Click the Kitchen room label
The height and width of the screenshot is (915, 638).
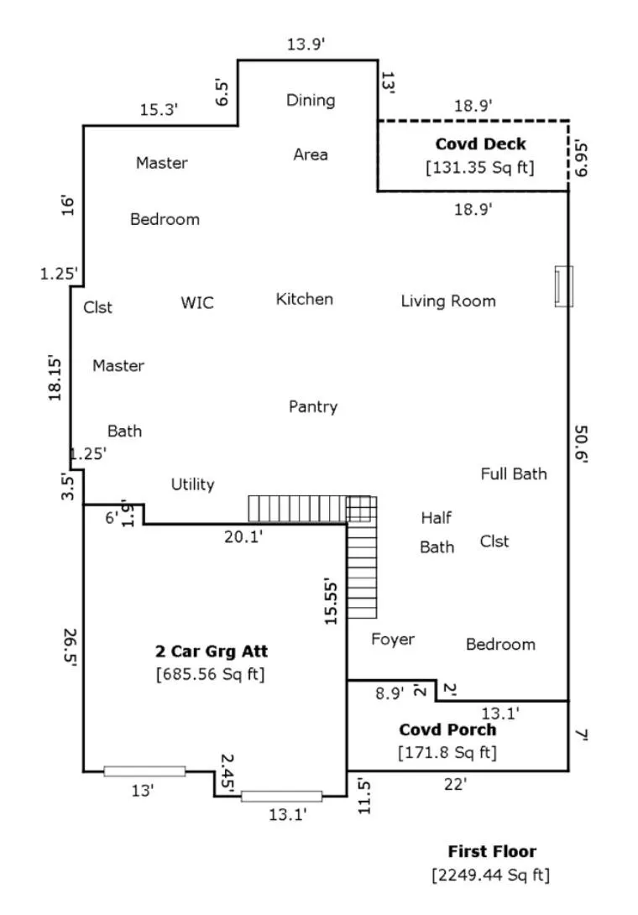point(304,300)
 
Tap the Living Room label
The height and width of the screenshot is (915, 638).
point(448,301)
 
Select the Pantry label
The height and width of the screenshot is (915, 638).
point(313,407)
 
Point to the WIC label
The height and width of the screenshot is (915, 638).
point(197,303)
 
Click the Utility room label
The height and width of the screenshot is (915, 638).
point(192,484)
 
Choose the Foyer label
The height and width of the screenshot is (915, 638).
point(393,640)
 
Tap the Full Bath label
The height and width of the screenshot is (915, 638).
point(514,473)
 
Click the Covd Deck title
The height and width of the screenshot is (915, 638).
point(480,144)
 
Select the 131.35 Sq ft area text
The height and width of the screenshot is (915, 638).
point(480,168)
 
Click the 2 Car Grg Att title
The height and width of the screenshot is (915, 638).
point(212,651)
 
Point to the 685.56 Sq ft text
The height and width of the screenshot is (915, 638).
point(210,675)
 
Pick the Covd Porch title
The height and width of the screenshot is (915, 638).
point(447,730)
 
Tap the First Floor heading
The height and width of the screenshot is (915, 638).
point(492,852)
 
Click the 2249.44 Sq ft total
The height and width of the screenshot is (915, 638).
point(491,876)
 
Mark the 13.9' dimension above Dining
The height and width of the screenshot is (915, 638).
point(306,44)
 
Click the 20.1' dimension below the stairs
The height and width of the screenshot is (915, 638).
point(243,537)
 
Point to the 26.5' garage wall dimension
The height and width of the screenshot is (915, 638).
point(70,647)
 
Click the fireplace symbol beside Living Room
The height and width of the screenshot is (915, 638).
point(563,286)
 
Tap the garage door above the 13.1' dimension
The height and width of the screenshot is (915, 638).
point(281,797)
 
